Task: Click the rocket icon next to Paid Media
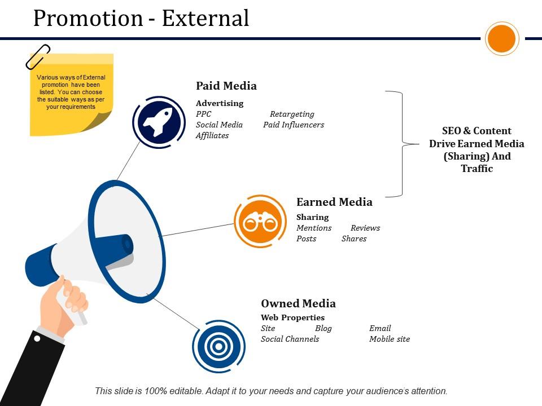tap(159, 122)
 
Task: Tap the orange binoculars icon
tap(260, 222)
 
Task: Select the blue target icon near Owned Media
tap(218, 346)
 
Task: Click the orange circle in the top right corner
tap(502, 39)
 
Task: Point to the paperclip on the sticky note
tap(38, 57)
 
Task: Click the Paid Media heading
tap(226, 86)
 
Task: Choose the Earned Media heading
tap(334, 202)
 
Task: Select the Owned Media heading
tap(298, 303)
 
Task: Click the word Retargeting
tap(292, 114)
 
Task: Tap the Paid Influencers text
tap(294, 125)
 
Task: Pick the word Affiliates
tap(212, 135)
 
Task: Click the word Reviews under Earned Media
tap(365, 228)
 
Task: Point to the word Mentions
tap(314, 228)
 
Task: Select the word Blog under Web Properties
tap(323, 328)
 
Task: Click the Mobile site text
tap(390, 339)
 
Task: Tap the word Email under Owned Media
tap(380, 328)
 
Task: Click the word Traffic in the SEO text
tap(477, 169)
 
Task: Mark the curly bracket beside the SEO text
tap(402, 144)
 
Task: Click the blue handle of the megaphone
tap(41, 265)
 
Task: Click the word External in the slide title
tap(206, 18)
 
